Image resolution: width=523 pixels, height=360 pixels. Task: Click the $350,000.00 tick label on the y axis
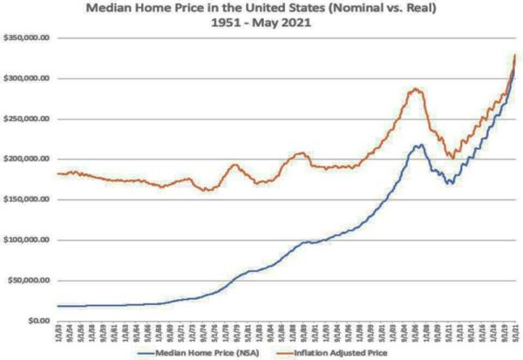coord(29,38)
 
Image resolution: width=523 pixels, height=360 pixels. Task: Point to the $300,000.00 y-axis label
coord(29,78)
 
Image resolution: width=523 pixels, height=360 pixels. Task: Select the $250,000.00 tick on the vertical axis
coord(29,119)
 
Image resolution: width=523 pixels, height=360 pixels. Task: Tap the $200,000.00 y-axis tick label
coord(29,160)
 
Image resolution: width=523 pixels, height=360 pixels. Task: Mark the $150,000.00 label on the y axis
coord(29,200)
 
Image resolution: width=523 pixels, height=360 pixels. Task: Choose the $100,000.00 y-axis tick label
coord(29,240)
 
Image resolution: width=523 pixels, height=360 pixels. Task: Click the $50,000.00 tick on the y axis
coord(31,280)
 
